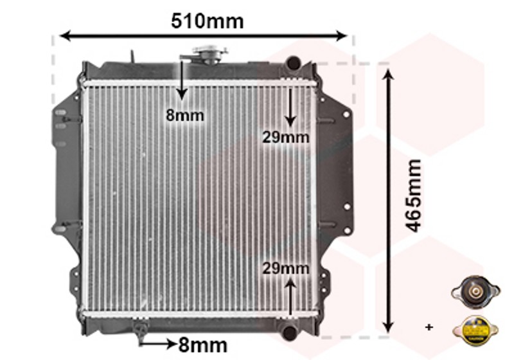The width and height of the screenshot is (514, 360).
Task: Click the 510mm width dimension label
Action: click(207, 21)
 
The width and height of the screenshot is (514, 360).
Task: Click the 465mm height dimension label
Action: click(413, 195)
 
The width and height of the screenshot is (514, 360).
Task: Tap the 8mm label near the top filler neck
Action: click(185, 116)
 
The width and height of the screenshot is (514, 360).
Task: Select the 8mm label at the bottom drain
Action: click(203, 345)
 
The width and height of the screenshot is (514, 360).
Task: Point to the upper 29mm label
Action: click(285, 137)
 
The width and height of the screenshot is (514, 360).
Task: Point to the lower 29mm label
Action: click(285, 269)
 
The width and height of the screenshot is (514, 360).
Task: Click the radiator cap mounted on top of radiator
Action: click(210, 54)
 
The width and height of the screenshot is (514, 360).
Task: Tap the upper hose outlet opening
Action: click(294, 62)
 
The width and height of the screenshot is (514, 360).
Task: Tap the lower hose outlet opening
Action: click(290, 332)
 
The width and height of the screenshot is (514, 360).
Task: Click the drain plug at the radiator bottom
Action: click(140, 329)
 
